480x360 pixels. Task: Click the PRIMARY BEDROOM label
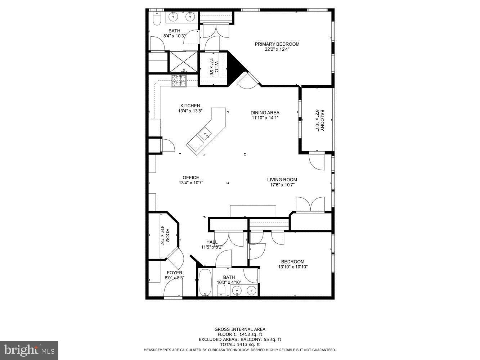[x=277, y=44]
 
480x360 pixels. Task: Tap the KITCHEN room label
[x=190, y=106]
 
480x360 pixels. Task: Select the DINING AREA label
[x=265, y=113]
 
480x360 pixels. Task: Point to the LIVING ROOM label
[x=282, y=180]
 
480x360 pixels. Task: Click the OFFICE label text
[x=190, y=177]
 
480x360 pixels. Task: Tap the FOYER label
[x=174, y=273]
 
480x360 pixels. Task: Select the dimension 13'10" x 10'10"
[x=293, y=267]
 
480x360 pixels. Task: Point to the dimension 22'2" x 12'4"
[x=277, y=50]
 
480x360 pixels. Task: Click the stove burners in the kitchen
[x=179, y=80]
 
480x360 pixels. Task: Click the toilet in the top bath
[x=157, y=18]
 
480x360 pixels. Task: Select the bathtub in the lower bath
[x=206, y=283]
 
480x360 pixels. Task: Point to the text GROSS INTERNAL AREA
[x=240, y=329]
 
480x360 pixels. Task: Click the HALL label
[x=212, y=242]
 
